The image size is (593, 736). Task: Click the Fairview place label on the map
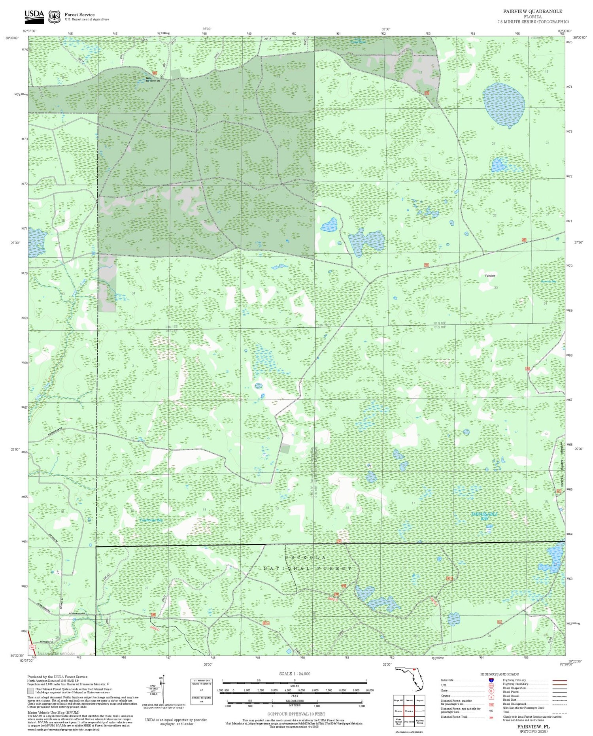coord(490,276)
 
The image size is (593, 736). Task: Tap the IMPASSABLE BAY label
coord(485,515)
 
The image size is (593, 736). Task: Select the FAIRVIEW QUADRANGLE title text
coord(533,11)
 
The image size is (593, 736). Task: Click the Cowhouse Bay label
coord(151,520)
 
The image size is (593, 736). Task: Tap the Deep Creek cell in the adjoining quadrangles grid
coord(409,721)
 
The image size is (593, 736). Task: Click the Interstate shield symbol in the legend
coord(491,680)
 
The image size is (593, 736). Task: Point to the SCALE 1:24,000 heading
coord(295,674)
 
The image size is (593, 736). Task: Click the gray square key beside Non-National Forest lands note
coord(30,691)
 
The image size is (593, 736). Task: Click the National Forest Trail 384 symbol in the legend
coord(491,717)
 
